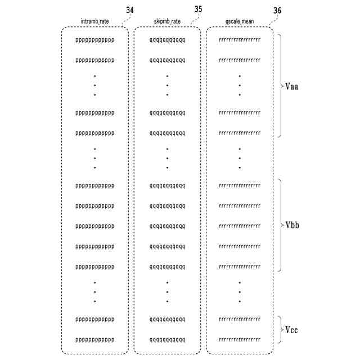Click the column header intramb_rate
tap(94, 21)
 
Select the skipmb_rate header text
tap(166, 21)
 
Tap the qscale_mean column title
tap(239, 21)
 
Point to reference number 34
tap(130, 10)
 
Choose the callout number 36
tap(277, 11)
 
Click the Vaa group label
tap(292, 87)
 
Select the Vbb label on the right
tap(292, 225)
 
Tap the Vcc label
tap(291, 330)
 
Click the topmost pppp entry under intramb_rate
tap(94, 40)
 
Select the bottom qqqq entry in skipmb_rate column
tap(166, 340)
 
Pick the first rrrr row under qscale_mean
tap(239, 40)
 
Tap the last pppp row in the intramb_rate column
tap(94, 340)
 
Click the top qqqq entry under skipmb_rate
tap(166, 40)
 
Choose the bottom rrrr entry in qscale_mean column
tap(239, 340)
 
